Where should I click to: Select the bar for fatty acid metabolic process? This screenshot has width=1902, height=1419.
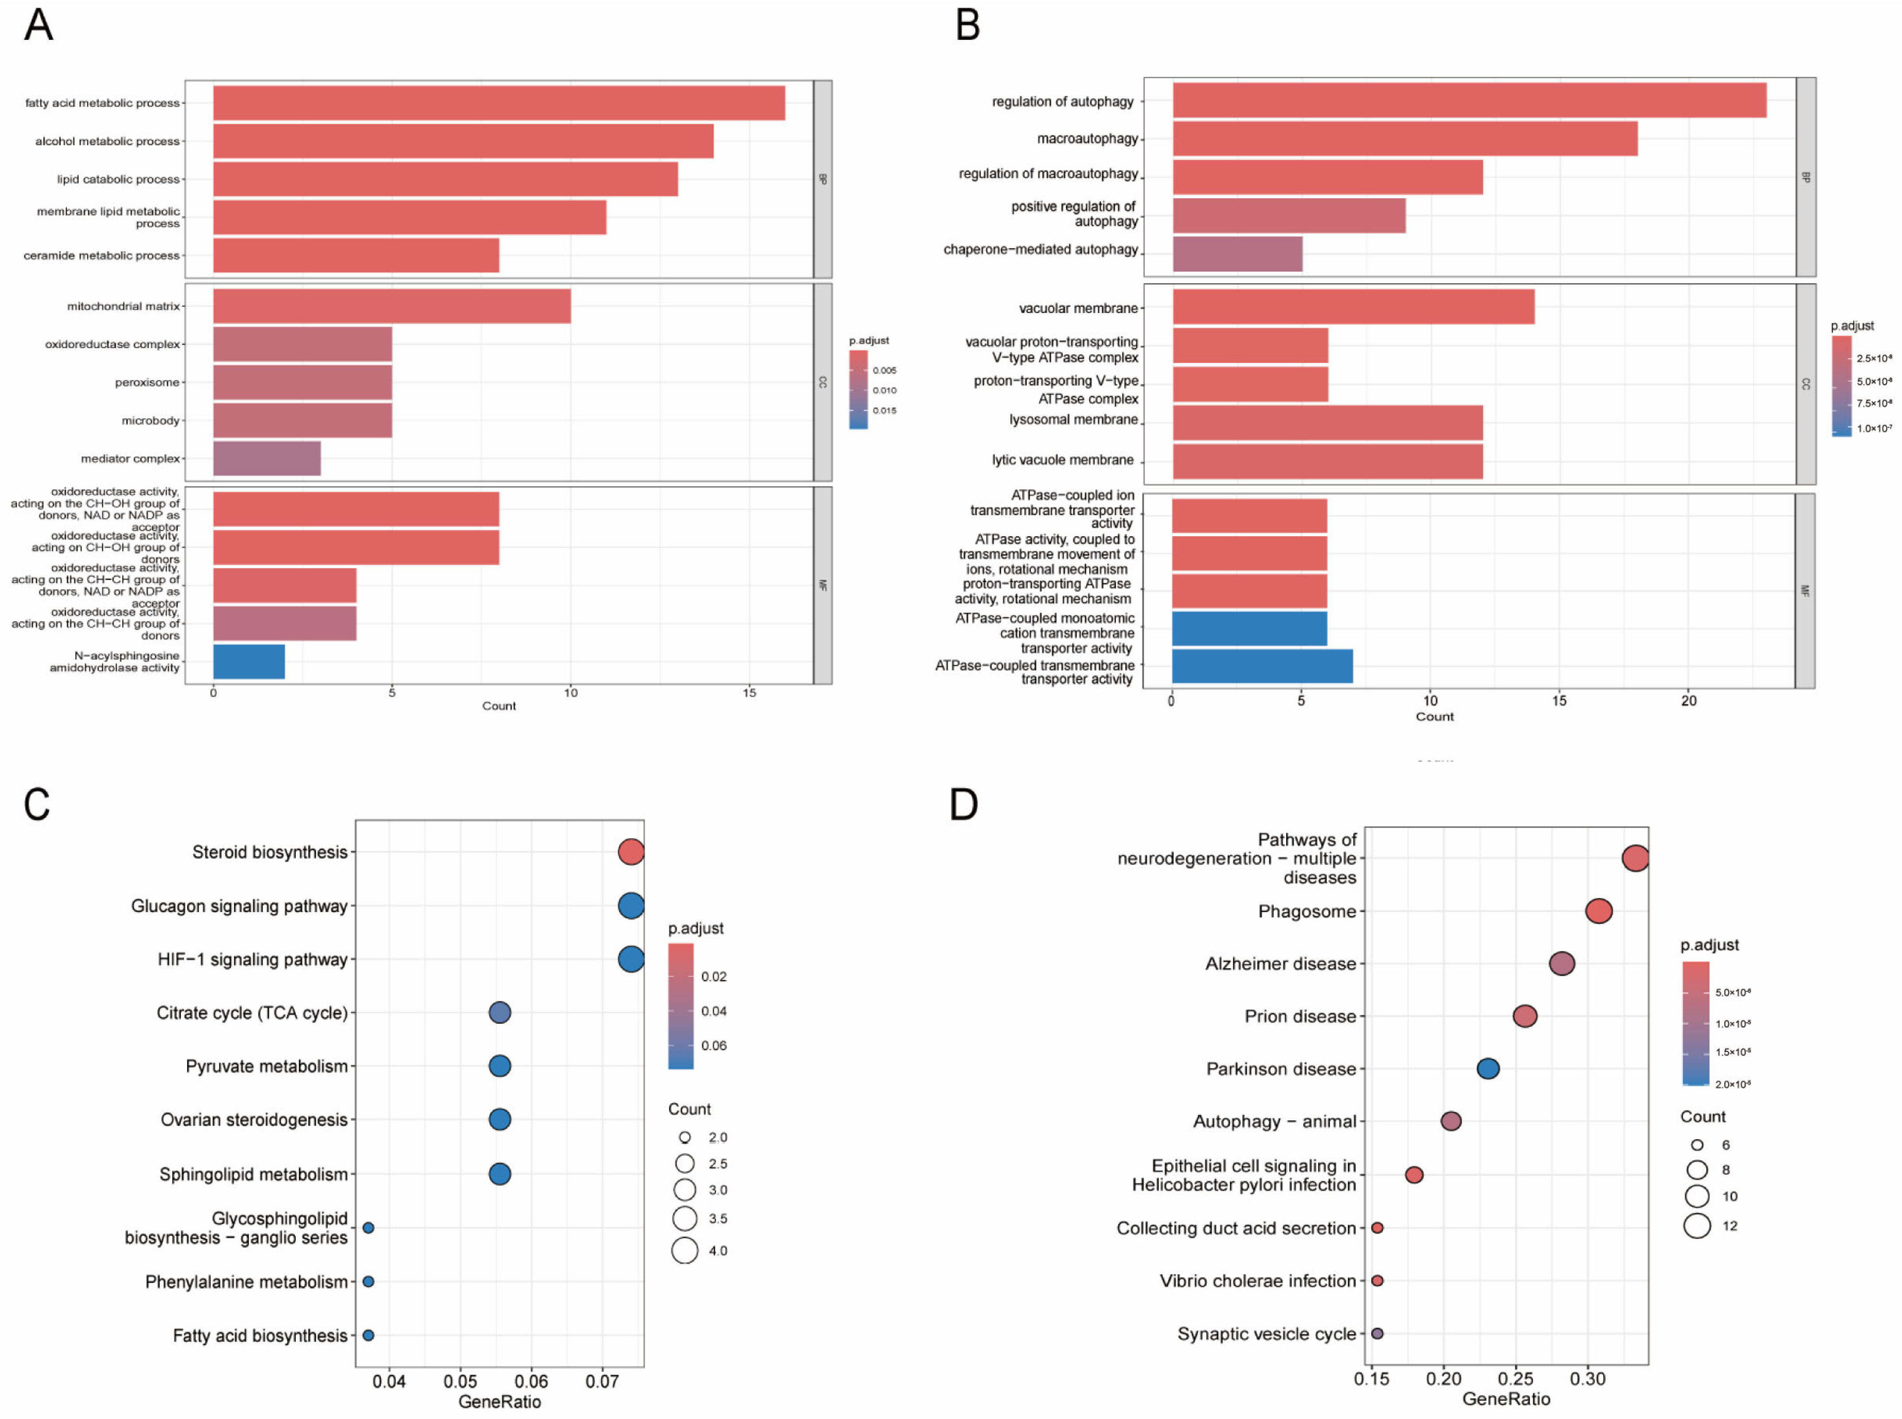[x=498, y=103]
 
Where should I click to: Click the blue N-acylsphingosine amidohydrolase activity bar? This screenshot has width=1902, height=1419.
[x=249, y=662]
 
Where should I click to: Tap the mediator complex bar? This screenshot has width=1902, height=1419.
[x=266, y=459]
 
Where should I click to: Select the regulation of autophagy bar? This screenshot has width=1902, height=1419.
[x=1468, y=101]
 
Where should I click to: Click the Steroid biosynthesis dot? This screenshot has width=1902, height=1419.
[x=631, y=852]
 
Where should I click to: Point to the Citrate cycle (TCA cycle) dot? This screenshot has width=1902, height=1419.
[x=500, y=1013]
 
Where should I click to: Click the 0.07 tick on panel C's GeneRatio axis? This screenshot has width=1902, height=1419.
[x=602, y=1381]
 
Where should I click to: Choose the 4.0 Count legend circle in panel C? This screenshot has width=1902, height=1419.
[x=685, y=1250]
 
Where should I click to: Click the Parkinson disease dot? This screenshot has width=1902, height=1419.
[x=1488, y=1069]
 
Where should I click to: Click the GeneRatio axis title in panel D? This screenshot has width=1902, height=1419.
[x=1506, y=1399]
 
